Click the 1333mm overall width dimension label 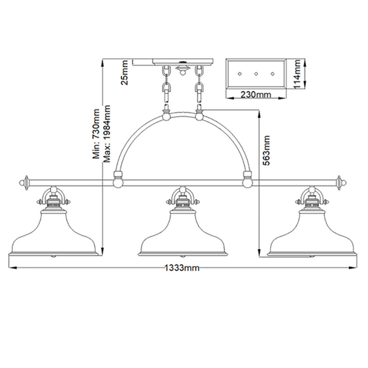(x=182, y=268)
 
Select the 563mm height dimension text (x=266, y=151)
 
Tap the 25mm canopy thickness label (x=124, y=72)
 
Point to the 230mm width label (x=256, y=95)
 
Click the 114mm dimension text (x=297, y=74)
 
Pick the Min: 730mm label (x=96, y=134)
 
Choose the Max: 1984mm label (x=107, y=134)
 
